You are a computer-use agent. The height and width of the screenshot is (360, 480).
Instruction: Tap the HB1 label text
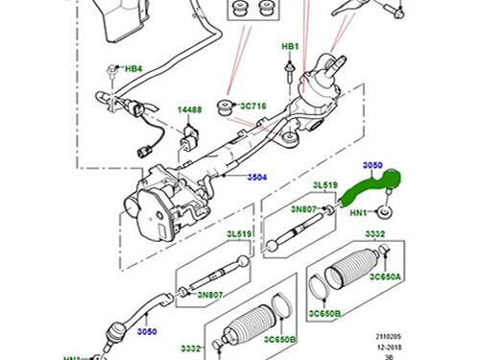coord(289,46)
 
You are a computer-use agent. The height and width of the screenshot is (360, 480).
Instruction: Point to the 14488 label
coord(189,110)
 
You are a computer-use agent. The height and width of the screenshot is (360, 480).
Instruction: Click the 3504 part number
coord(257,178)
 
